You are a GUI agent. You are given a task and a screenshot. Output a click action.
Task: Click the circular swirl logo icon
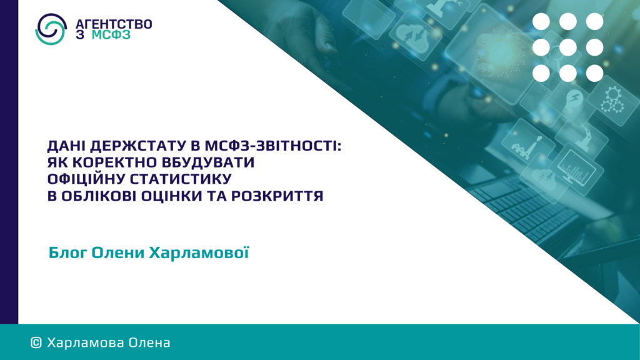click(51, 29)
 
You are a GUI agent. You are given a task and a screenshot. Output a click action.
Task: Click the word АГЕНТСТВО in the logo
click(114, 24)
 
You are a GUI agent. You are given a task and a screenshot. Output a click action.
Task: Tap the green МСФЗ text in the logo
click(111, 35)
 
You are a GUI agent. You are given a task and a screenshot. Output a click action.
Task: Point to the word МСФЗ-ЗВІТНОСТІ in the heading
click(273, 146)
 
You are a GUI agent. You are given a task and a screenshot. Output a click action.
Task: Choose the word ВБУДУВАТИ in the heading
click(208, 162)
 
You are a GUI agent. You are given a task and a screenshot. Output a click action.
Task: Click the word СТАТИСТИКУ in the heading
click(181, 179)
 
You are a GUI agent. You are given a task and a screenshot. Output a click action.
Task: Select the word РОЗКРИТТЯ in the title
click(277, 196)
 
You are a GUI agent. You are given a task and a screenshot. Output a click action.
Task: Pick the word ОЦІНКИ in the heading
click(171, 196)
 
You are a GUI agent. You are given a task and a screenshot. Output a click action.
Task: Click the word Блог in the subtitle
click(67, 252)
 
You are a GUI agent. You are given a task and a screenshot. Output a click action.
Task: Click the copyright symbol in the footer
click(36, 342)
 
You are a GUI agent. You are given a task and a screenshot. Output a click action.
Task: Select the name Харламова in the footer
click(86, 342)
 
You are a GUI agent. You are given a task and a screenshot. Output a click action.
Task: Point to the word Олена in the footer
click(149, 342)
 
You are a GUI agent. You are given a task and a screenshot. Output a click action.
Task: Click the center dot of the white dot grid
click(567, 47)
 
